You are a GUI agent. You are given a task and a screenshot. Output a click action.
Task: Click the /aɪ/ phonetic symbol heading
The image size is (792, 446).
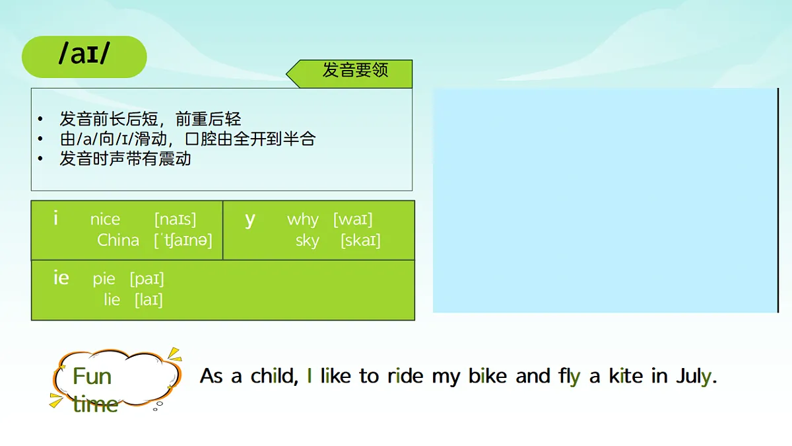(84, 56)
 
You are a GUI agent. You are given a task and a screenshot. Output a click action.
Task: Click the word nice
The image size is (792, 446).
(105, 219)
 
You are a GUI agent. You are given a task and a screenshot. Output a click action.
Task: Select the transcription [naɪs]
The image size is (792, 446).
(175, 219)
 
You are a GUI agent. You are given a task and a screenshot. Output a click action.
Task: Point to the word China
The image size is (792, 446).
(118, 241)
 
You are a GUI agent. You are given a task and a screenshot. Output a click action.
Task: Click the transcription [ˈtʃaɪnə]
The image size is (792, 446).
(183, 241)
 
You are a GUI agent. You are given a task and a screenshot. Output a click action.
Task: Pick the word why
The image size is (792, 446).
(303, 219)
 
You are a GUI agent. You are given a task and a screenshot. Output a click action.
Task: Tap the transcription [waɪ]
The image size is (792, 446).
(352, 219)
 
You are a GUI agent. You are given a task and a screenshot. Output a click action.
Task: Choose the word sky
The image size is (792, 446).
(307, 241)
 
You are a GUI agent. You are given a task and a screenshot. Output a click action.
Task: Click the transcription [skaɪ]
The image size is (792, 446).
(360, 241)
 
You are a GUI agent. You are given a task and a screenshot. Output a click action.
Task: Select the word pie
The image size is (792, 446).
(104, 279)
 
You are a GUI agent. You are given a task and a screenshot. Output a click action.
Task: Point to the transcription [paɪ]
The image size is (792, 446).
(147, 279)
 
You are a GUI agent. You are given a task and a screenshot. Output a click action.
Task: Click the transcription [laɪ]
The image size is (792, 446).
(148, 300)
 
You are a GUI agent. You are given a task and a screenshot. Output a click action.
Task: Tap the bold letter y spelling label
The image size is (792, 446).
(250, 219)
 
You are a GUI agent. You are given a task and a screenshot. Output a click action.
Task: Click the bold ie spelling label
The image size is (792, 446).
(61, 278)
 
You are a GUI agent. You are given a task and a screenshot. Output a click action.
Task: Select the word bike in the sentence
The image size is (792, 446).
(488, 377)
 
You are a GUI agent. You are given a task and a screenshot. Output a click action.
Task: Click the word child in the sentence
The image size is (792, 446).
(274, 377)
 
